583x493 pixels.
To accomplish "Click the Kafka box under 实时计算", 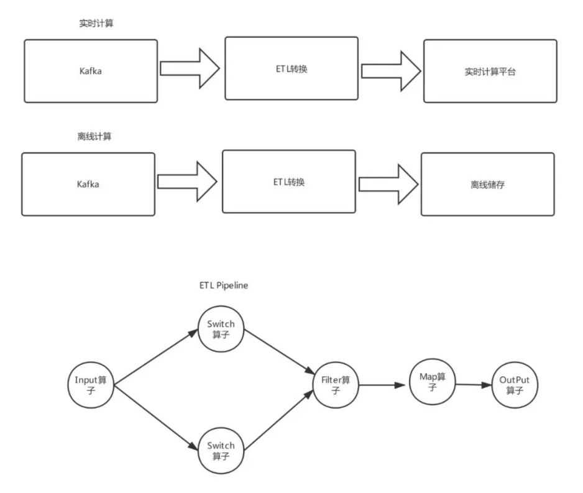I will pyautogui.click(x=91, y=71).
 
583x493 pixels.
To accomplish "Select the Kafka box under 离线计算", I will pyautogui.click(x=88, y=184).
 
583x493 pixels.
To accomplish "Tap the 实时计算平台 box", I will pyautogui.click(x=490, y=72).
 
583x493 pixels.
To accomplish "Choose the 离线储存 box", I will pyautogui.click(x=487, y=185).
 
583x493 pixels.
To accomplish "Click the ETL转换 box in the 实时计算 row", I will pyautogui.click(x=291, y=68).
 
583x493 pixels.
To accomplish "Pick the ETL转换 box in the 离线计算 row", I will pyautogui.click(x=288, y=182).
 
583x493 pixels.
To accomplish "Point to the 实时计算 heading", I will pyautogui.click(x=91, y=23).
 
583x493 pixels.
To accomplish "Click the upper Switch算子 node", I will pyautogui.click(x=221, y=330).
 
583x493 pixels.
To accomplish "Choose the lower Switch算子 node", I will pyautogui.click(x=221, y=450).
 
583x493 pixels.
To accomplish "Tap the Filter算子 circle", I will pyautogui.click(x=336, y=385).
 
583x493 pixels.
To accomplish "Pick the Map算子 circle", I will pyautogui.click(x=433, y=382).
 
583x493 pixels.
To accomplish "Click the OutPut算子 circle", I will pyautogui.click(x=514, y=385).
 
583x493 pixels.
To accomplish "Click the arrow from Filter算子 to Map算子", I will pyautogui.click(x=382, y=385).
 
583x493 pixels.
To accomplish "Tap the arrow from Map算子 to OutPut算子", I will pyautogui.click(x=474, y=384).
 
